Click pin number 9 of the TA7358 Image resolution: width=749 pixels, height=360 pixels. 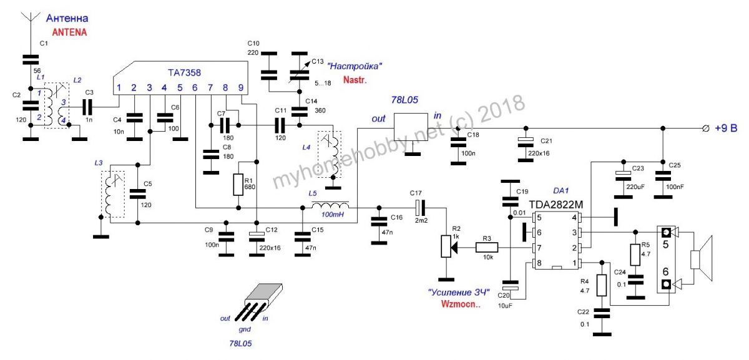(x=240, y=88)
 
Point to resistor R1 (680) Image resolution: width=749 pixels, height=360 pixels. (x=238, y=184)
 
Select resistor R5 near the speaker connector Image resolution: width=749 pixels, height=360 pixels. (x=635, y=254)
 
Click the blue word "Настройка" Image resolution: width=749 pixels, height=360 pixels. (x=356, y=66)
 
